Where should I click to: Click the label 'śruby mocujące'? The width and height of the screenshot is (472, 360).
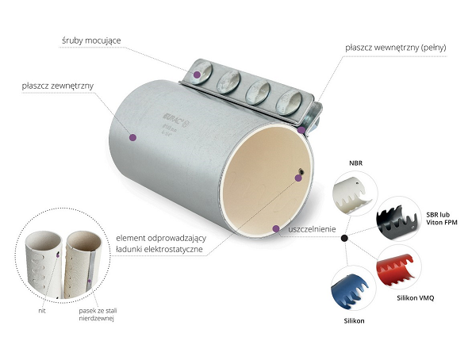tap(91, 40)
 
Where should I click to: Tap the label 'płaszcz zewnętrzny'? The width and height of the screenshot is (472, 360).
tap(58, 86)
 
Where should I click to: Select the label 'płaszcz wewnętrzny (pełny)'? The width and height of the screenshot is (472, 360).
tap(396, 48)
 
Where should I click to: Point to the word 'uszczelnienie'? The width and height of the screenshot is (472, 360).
tap(312, 229)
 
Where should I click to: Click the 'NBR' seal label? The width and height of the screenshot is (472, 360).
tap(356, 163)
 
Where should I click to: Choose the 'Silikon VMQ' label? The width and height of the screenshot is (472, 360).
tap(416, 298)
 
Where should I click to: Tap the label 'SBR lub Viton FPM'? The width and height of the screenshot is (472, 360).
tap(442, 219)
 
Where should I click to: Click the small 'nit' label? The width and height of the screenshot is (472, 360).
tap(42, 311)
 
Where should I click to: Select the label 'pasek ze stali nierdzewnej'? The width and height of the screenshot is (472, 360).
tap(98, 315)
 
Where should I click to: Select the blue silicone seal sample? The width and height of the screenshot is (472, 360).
tap(349, 291)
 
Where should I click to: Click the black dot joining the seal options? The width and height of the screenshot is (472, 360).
tap(344, 239)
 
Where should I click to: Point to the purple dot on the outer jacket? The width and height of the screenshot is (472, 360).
tap(132, 137)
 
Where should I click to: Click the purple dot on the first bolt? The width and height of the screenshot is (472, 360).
tap(197, 75)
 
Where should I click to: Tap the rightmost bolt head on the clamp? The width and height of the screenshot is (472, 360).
tap(290, 102)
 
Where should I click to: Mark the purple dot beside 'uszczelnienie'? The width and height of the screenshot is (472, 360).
tap(276, 228)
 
